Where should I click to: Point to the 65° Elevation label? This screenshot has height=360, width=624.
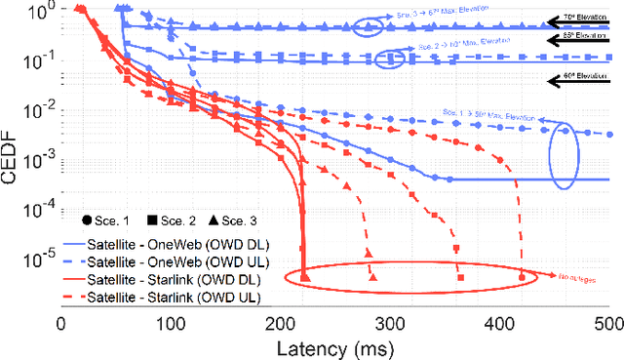pos(582,35)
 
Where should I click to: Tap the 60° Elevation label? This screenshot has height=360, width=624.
pos(582,74)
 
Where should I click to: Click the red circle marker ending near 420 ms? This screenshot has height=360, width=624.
pos(522,279)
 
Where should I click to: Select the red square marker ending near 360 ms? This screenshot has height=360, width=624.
pos(458,279)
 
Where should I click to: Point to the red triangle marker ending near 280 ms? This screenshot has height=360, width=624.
pos(371,279)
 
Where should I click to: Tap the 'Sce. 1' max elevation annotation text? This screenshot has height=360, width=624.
pos(487,117)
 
